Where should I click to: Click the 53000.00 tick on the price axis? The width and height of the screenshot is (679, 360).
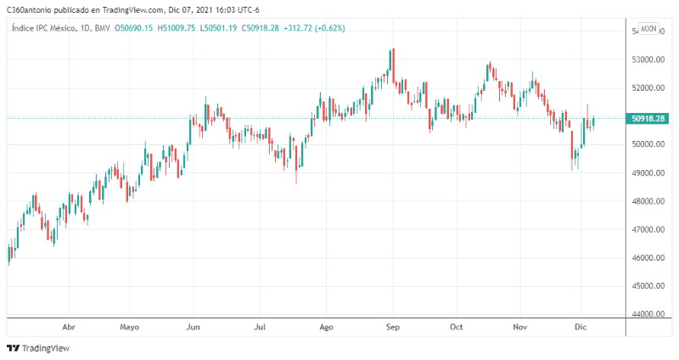648,60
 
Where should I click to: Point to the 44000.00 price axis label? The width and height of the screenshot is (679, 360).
648,314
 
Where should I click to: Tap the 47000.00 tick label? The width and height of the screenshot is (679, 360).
648,230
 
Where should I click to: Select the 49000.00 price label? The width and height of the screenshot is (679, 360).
648,173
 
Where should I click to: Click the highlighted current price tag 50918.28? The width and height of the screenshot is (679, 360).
648,119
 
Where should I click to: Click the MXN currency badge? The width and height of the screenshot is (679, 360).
648,29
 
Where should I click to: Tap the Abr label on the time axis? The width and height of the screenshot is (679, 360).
70,326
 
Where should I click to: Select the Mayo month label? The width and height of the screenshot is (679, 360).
129,326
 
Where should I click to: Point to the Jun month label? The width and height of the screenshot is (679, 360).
194,326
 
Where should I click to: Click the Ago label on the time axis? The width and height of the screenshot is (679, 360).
325,326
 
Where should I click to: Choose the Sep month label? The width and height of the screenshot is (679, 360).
392,326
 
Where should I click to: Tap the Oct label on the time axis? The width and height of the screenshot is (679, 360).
457,326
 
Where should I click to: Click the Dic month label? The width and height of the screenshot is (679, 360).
581,326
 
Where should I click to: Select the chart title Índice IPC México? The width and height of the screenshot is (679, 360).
42,28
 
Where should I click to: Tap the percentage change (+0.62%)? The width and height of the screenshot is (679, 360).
329,28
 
